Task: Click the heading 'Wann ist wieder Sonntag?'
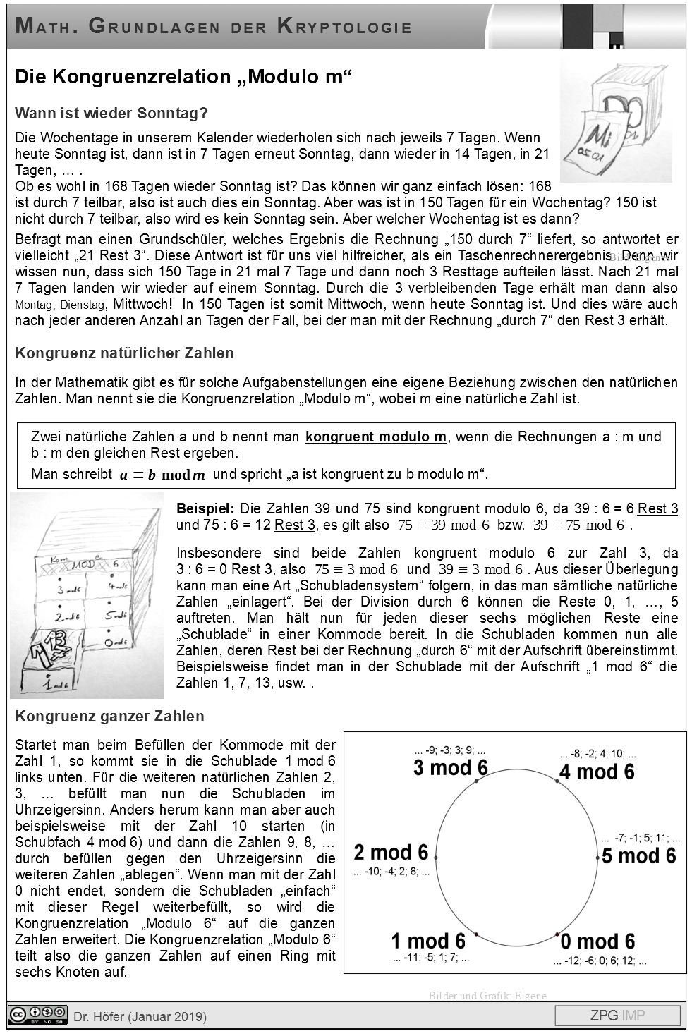coord(111,114)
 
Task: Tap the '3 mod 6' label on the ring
coord(450,767)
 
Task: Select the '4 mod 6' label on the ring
coord(597,772)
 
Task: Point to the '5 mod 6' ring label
coord(638,856)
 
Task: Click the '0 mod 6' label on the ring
coord(597,941)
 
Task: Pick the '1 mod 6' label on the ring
coord(428,941)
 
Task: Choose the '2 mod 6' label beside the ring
coord(391,853)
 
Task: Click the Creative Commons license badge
coord(37,1015)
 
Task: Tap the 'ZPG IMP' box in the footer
coord(617,1016)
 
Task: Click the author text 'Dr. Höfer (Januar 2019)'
coord(140,1016)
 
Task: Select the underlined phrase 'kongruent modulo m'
coord(376,437)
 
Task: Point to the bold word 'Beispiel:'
coord(205,508)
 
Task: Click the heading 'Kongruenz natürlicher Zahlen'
coord(124,353)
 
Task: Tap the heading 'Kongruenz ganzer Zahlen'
coord(109,717)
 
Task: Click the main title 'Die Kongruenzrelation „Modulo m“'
coord(183,77)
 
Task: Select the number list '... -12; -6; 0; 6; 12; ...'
coord(600,961)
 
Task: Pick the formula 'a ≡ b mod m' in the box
coord(162,475)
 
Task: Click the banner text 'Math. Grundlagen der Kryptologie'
coord(213,27)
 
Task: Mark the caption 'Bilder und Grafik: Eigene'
coord(487,996)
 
